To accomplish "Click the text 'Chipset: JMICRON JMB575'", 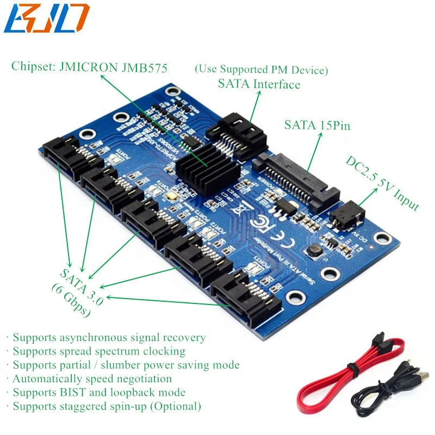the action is click(89, 67).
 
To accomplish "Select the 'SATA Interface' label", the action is click(259, 84).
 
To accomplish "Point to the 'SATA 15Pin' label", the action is click(317, 125).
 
